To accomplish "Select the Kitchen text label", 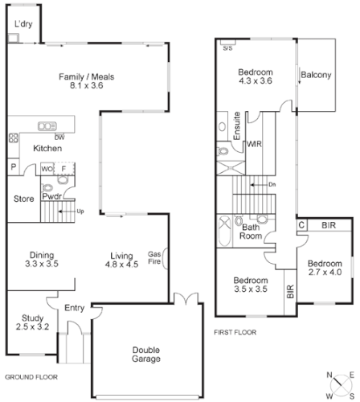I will coord(47,149).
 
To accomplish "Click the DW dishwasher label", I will coord(60,137).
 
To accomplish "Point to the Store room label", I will coord(23,199).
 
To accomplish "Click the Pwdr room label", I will coord(53,195).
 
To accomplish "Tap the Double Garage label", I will coord(145,355).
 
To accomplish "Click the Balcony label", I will coord(316,76).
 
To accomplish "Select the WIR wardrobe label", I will coord(254,145).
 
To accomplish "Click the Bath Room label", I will coord(251,232).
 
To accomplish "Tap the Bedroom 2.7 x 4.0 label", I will coord(325,268).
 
